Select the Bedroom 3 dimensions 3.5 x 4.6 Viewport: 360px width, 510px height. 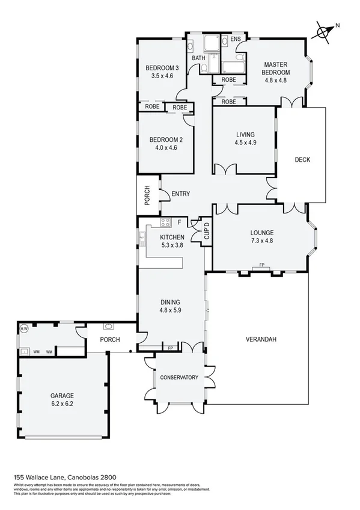click(x=162, y=76)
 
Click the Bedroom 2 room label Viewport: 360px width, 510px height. click(x=165, y=140)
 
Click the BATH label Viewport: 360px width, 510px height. click(x=198, y=58)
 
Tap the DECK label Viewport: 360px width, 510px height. click(x=302, y=159)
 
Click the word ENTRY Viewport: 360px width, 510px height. click(x=181, y=194)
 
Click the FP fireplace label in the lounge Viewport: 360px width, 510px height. click(x=261, y=265)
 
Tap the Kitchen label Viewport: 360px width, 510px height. click(x=172, y=237)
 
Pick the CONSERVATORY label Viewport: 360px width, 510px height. click(x=178, y=377)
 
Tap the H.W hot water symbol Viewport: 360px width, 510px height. click(x=25, y=329)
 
